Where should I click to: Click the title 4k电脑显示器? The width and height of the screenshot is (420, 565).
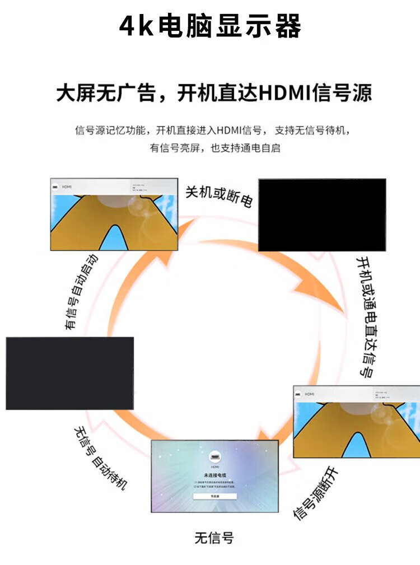(x=210, y=26)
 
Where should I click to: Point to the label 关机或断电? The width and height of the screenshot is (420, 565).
(x=219, y=196)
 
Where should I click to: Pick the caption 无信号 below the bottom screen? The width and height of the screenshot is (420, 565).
(x=214, y=538)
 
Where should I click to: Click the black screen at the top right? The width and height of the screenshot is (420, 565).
(x=322, y=214)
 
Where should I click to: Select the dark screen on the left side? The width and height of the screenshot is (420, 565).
(x=69, y=373)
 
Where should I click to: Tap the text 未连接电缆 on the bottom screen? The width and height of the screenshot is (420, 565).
(x=214, y=475)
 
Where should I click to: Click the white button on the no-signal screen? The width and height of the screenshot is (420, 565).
(x=215, y=496)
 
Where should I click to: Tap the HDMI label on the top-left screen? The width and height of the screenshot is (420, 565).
(x=67, y=186)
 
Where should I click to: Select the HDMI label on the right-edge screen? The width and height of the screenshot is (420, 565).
(x=309, y=394)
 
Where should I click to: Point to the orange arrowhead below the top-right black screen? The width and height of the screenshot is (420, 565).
(x=330, y=302)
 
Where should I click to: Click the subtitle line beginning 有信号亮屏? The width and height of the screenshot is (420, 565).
(x=214, y=148)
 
